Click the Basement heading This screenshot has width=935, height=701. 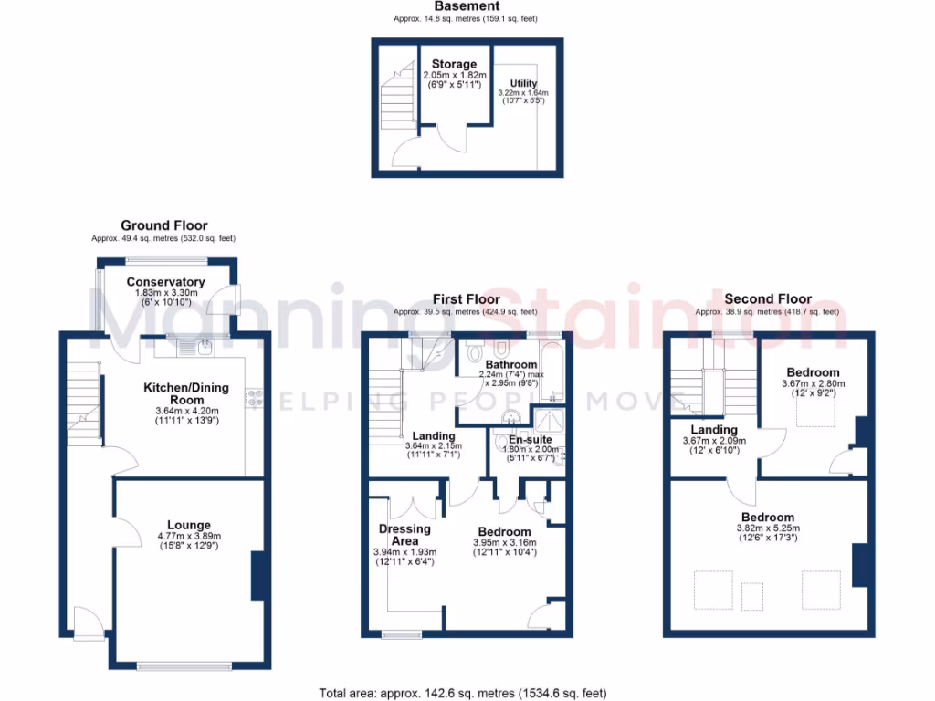[467, 6]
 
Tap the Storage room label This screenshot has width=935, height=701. [455, 64]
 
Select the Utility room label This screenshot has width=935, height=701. [524, 84]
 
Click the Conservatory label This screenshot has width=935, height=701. [165, 282]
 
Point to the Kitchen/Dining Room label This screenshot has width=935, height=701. [186, 394]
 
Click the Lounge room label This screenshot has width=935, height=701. [189, 525]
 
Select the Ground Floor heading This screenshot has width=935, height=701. [164, 225]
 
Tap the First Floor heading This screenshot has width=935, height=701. [467, 298]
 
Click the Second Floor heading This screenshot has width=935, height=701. [767, 298]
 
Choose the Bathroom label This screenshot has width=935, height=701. [510, 364]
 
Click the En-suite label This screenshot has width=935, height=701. [519, 439]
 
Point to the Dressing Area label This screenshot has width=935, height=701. [404, 535]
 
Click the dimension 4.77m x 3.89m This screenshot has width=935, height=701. [189, 536]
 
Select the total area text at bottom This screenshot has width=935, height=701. [462, 693]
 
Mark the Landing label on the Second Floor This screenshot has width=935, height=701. [714, 430]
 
